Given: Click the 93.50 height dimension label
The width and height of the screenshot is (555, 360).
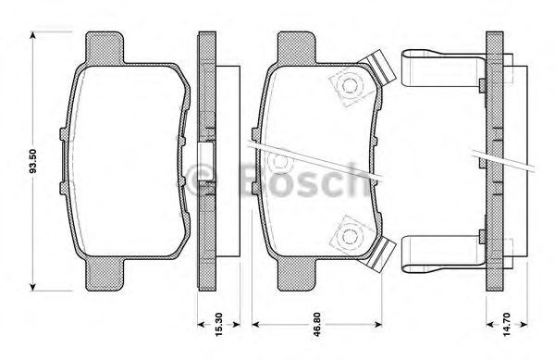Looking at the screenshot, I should point(34,159).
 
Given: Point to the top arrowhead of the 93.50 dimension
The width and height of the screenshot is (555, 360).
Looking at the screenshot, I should point(35,35).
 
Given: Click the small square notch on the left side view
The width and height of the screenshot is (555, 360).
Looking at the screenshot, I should point(208,155).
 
